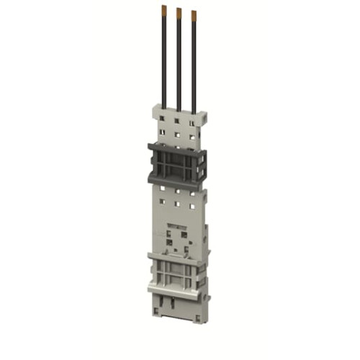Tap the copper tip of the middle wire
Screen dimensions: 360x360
[178, 12]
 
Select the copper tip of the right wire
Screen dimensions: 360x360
[193, 14]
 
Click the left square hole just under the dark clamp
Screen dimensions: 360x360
[163, 189]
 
